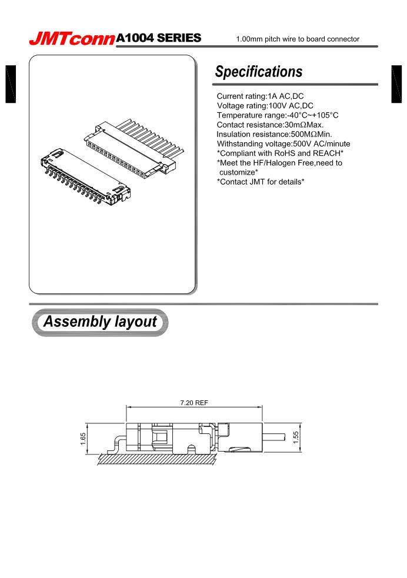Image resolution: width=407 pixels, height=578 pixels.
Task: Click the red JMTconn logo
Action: (x=72, y=39)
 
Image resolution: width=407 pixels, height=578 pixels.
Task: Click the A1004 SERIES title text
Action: (x=159, y=39)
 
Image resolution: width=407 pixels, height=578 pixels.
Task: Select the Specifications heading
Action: (x=259, y=72)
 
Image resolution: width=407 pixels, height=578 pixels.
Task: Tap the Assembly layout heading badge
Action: (x=101, y=322)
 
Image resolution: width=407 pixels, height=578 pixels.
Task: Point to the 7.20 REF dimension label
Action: (x=194, y=403)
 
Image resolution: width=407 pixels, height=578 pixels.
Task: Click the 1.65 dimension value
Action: (x=84, y=439)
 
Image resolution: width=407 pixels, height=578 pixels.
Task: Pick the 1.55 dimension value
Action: (x=296, y=438)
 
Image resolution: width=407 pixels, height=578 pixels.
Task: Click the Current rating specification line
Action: (x=260, y=96)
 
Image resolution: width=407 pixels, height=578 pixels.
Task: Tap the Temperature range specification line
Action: (x=278, y=115)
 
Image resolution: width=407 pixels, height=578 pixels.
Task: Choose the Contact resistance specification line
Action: (x=270, y=125)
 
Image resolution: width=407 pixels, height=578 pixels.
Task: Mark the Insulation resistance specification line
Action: (x=274, y=134)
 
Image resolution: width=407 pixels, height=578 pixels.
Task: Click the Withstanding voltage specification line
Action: (x=283, y=143)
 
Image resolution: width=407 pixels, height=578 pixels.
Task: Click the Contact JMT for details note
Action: (x=261, y=181)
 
